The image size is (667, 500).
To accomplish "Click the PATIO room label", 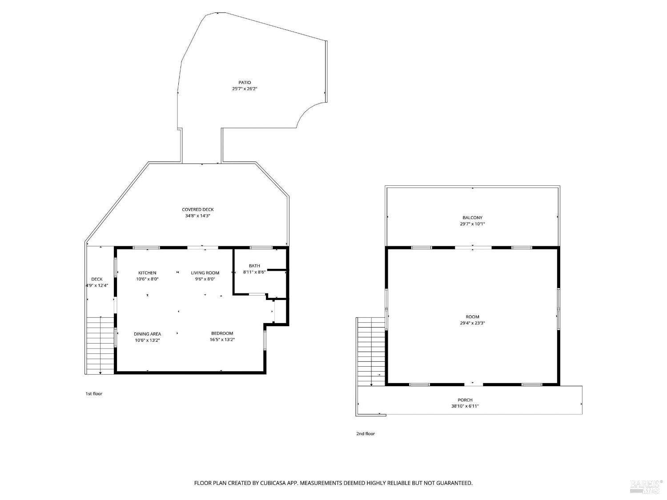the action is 245,83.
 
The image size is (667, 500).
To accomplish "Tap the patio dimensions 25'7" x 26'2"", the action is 245,89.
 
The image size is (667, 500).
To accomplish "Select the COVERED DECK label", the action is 198,209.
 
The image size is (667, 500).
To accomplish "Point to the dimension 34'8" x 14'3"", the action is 198,216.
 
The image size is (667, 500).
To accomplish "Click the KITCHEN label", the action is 147,273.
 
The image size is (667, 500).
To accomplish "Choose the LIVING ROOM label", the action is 205,273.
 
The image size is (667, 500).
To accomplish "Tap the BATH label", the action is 254,266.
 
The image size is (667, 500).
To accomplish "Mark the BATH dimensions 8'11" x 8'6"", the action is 254,272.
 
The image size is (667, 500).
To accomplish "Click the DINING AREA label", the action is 147,334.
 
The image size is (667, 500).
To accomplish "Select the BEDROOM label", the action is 222,333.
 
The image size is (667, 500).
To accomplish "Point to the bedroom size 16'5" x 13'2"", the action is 222,340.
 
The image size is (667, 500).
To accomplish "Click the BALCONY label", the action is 473,218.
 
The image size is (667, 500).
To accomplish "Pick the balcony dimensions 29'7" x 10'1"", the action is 473,224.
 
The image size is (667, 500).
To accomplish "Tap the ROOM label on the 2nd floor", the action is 473,317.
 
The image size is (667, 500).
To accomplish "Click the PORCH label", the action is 465,400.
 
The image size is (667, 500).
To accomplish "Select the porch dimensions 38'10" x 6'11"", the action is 465,406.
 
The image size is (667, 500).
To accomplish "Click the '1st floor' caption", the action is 94,394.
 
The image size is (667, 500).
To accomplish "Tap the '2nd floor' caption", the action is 366,434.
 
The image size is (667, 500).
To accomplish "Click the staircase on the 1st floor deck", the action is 100,345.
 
